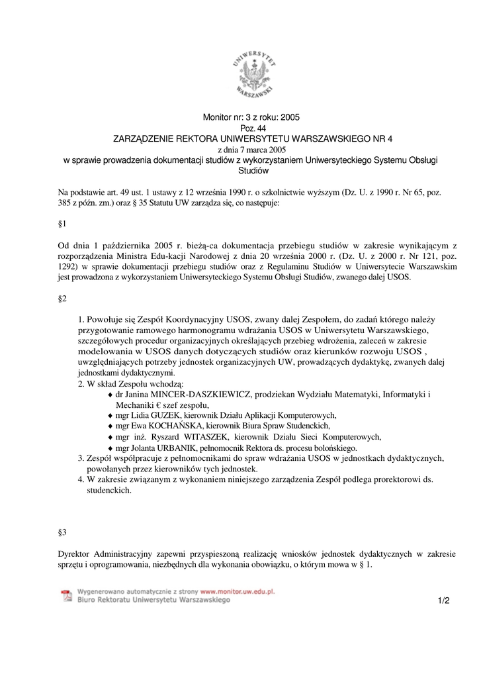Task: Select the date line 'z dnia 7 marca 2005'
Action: coord(251,150)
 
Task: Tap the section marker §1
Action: coord(63,224)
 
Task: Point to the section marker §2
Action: coord(63,299)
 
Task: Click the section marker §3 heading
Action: coord(63,532)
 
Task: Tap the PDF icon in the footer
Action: coord(66,596)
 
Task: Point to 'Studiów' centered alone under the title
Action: coord(251,171)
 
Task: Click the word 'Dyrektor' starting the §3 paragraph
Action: coord(74,553)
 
